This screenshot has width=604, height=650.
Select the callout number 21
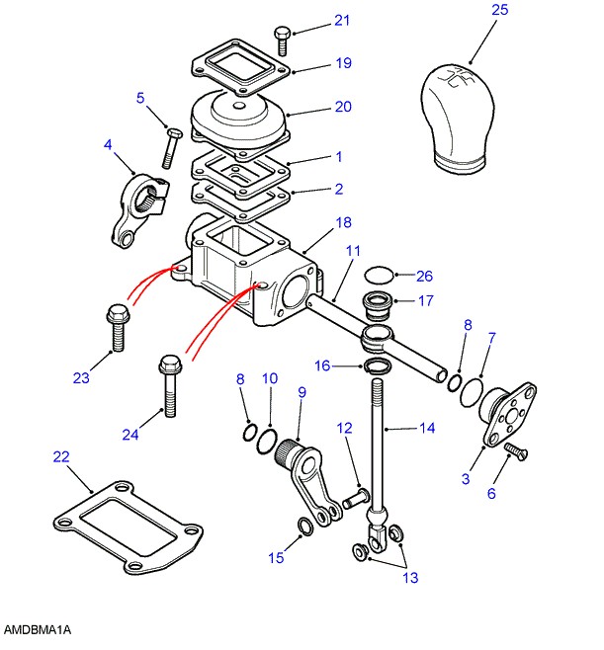[x=314, y=20]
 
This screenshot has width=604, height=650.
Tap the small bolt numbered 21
[x=281, y=40]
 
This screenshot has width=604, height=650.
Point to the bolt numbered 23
[x=115, y=327]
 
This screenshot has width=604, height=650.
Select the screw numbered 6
[x=513, y=452]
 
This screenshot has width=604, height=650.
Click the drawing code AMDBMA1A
[x=38, y=629]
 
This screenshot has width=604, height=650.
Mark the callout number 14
[x=426, y=429]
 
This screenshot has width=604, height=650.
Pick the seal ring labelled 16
[x=378, y=367]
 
